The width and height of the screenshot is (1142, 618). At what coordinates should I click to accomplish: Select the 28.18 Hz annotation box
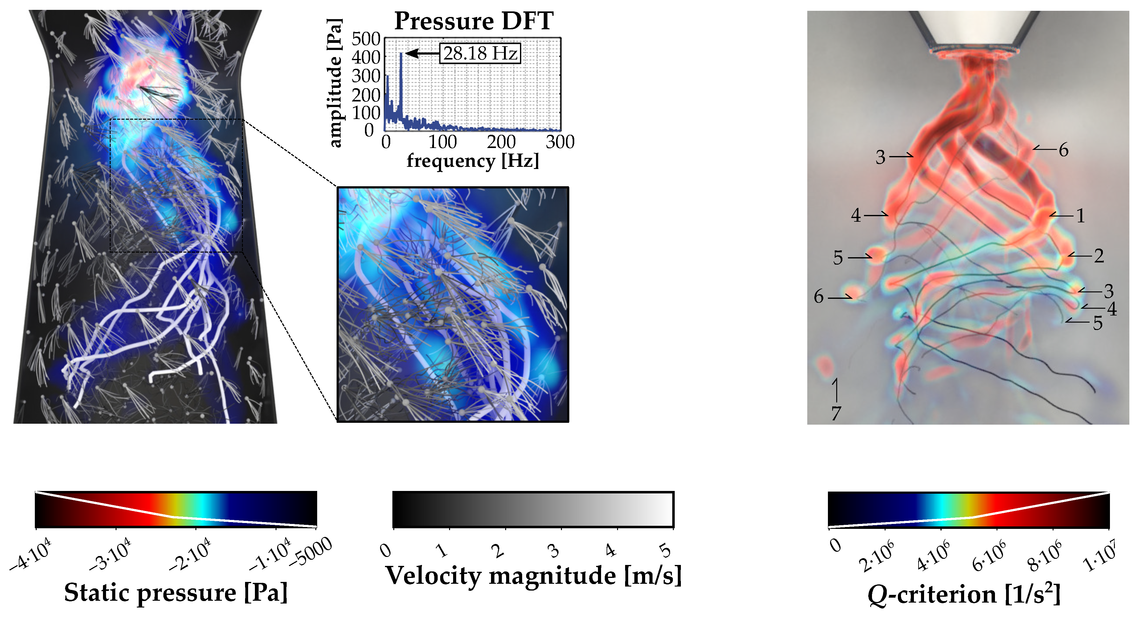[x=480, y=53]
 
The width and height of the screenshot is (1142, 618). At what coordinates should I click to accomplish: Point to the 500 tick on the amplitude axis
[x=366, y=39]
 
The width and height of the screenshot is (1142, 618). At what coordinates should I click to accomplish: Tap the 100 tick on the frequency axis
[x=442, y=142]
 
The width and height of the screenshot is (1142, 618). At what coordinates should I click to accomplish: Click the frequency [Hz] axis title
[x=473, y=161]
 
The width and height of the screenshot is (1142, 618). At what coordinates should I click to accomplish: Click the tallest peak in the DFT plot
[x=401, y=54]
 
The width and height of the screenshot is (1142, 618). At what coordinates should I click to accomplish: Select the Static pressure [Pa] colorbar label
[x=176, y=592]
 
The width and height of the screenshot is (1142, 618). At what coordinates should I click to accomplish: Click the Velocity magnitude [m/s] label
[x=533, y=575]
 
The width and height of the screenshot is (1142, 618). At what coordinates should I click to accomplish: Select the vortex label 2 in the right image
[x=1099, y=256]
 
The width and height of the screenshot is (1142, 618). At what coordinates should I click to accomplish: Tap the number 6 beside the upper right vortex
[x=1063, y=150]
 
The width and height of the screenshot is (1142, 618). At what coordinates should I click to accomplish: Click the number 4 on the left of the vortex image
[x=856, y=216]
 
